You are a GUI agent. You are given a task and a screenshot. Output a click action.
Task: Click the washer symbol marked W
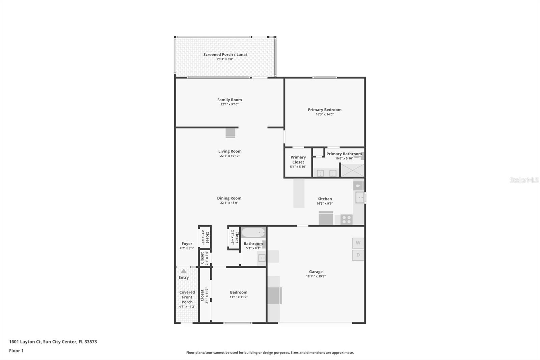click(x=358, y=243)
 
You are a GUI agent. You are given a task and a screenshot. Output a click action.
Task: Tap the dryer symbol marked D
click(x=358, y=255)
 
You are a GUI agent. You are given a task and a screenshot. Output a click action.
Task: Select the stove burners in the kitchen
click(x=347, y=220)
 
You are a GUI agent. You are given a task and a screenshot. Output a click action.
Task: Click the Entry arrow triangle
click(x=183, y=271)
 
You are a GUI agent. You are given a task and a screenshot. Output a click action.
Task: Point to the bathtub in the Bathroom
click(x=253, y=233)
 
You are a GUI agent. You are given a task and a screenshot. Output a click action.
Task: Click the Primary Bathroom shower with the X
click(x=352, y=170)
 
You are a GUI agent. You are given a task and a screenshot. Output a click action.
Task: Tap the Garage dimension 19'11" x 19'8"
click(x=316, y=276)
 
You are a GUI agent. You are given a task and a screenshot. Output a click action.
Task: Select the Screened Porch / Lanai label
click(x=225, y=54)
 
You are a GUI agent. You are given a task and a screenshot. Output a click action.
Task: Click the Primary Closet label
click(x=298, y=159)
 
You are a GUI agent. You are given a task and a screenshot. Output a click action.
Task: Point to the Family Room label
click(x=230, y=100)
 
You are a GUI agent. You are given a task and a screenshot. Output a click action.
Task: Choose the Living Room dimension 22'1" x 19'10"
click(x=230, y=156)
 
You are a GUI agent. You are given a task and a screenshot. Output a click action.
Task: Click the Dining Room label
click(x=229, y=198)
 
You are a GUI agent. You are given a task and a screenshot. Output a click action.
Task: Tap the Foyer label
click(x=187, y=243)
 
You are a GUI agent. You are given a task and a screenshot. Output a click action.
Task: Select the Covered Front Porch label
click(x=187, y=297)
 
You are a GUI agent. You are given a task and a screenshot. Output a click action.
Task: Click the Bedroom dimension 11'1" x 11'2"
click(x=239, y=297)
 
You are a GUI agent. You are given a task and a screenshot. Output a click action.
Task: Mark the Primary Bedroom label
click(x=324, y=109)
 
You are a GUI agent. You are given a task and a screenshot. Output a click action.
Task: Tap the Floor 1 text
click(x=16, y=351)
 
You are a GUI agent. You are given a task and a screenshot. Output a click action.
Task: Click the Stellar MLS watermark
click(x=524, y=180)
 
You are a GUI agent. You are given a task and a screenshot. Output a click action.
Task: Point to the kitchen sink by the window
click(x=359, y=198)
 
